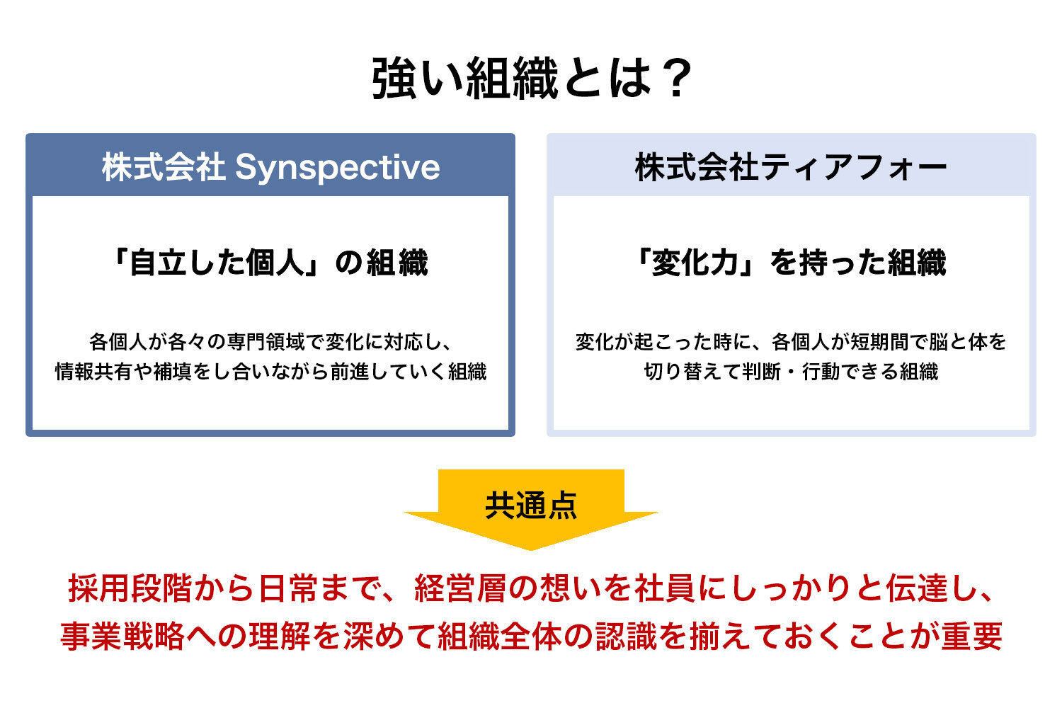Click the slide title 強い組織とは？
pos(531,79)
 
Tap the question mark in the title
pos(675,79)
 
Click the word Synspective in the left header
pos(338,168)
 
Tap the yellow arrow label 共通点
pos(531,506)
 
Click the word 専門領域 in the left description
pos(266,342)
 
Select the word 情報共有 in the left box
pos(94,372)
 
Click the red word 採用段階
pos(130,588)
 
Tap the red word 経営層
pos(462,588)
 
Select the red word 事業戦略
pos(122,636)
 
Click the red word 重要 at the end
pos(972,636)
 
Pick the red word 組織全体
pos(500,636)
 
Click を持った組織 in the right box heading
pos(858,262)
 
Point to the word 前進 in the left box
pos(350,372)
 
